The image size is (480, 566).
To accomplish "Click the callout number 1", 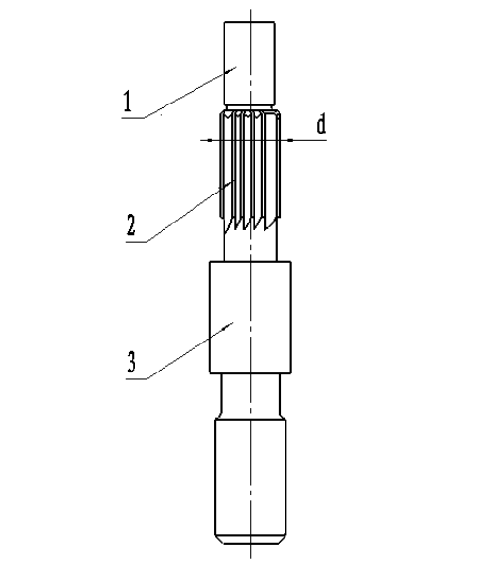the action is [127, 102].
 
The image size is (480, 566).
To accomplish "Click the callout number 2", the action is [131, 224].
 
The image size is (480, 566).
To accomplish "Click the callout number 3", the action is [131, 362].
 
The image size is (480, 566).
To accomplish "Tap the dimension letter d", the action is [321, 124].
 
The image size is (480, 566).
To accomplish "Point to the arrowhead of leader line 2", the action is [229, 184].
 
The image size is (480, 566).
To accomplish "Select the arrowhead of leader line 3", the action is [228, 326].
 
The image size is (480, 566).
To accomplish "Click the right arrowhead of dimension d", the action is [287, 140].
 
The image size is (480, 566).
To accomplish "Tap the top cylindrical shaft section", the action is [250, 64].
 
